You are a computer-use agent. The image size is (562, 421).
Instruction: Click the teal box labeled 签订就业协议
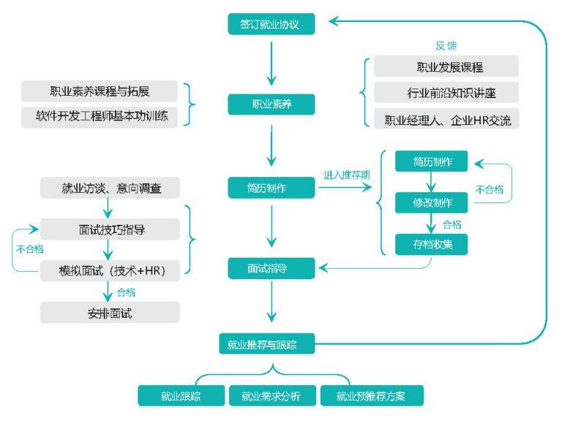pos(271,24)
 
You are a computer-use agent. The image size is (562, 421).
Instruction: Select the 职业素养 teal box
pos(271,104)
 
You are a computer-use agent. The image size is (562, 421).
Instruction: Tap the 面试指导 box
pos(271,268)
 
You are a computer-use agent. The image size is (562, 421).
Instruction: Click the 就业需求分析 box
pos(271,396)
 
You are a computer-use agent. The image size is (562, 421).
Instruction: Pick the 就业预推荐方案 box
pos(371,396)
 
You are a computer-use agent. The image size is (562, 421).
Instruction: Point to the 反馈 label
pos(446,45)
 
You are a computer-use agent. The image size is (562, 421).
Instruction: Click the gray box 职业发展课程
pos(446,67)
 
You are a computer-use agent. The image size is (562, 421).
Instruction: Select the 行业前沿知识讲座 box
pos(446,93)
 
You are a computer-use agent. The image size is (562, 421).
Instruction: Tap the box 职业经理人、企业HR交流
pos(446,119)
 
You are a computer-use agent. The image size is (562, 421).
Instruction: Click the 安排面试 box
pos(110,313)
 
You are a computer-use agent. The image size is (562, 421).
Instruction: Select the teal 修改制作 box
pos(431,203)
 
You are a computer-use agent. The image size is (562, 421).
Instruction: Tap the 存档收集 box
pos(431,244)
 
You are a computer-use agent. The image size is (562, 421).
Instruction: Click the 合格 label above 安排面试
pos(127,292)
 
